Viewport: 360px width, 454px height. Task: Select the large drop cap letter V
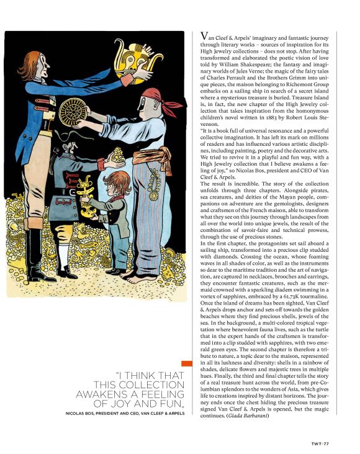(200, 39)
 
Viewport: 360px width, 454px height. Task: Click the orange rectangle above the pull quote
(187, 365)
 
